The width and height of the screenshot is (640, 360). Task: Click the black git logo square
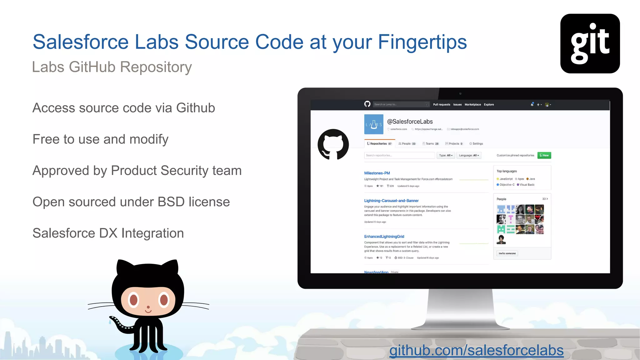coord(590,43)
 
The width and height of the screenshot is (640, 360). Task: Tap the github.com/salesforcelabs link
coord(476,350)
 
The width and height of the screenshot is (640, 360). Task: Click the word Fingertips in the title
coord(422,42)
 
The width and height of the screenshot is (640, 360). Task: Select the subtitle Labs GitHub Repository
coord(112,67)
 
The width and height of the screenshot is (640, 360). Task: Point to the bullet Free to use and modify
coord(100,139)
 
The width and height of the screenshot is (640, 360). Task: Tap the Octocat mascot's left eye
coord(134,300)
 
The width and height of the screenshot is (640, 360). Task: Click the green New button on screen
coord(544,155)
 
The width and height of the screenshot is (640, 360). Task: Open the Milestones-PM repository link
coord(377,173)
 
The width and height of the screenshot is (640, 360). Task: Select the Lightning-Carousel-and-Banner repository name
coord(391,201)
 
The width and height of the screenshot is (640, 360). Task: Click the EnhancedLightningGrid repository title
coord(384,237)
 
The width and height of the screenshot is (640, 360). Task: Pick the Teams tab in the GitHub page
coord(430,144)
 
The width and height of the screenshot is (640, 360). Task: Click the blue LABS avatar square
coord(374,124)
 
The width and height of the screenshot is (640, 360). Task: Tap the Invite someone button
coord(507,253)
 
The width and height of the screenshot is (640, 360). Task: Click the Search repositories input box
coord(399,155)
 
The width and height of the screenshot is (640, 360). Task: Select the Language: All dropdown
coord(468,155)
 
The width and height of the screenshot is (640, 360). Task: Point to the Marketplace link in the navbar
coord(472,105)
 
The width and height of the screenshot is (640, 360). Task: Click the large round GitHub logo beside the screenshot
coord(333,144)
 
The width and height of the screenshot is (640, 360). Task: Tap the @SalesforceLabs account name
coord(410,122)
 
